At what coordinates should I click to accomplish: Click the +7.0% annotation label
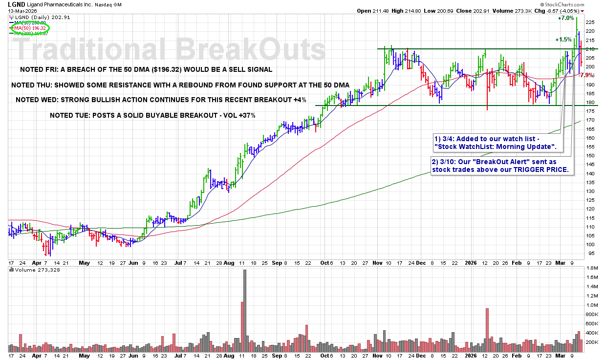[x=565, y=18]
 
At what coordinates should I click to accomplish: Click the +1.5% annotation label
[x=563, y=40]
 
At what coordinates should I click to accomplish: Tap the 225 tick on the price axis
[x=589, y=22]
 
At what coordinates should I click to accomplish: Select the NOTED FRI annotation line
[x=145, y=69]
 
